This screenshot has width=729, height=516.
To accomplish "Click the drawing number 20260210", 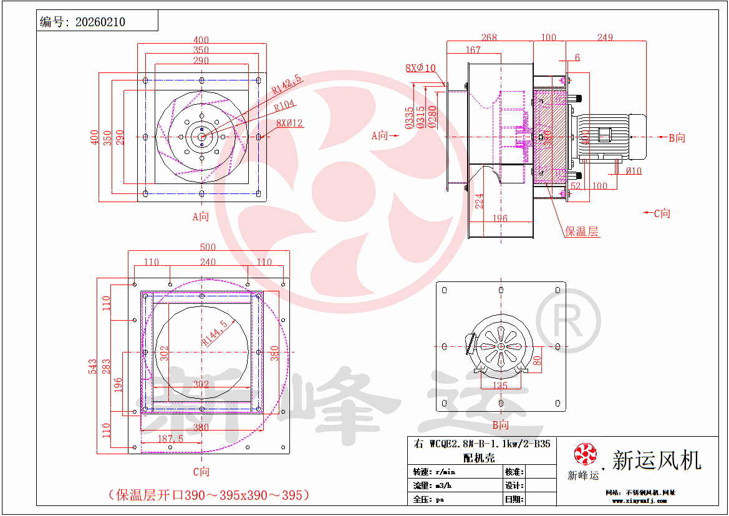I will click(100, 22).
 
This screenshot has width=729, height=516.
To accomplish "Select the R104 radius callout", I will click(286, 106).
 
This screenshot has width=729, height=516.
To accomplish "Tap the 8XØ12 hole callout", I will click(287, 123).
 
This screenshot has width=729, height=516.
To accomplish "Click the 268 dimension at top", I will click(489, 38).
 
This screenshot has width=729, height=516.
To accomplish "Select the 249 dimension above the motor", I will click(605, 38).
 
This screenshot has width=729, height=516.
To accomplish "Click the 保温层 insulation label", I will click(581, 231).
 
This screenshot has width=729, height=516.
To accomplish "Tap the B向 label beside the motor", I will click(677, 138).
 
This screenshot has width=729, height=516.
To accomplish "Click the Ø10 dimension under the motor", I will click(634, 171).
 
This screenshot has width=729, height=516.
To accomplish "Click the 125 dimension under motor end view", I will click(500, 385).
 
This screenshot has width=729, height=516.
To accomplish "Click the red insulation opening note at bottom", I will click(208, 495).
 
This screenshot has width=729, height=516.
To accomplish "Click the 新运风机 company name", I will click(657, 460).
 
